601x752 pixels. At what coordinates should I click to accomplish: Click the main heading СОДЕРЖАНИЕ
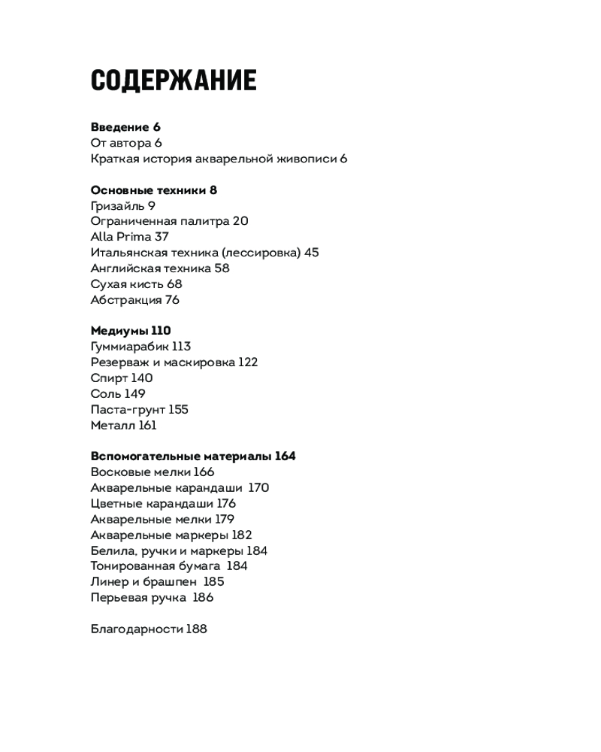coord(174,80)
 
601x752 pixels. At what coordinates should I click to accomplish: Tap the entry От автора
coord(120,143)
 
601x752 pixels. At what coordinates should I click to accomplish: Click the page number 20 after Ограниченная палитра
coord(240,221)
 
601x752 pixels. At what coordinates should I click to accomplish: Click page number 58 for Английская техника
coord(222,268)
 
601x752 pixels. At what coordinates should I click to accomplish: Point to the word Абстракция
coord(125,300)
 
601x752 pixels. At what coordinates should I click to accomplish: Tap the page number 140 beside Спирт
coord(142,378)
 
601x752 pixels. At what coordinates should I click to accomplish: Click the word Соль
coord(106,394)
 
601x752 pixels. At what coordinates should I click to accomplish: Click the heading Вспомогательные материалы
coord(180,456)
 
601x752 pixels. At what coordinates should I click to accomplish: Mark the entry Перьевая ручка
coord(138,598)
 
